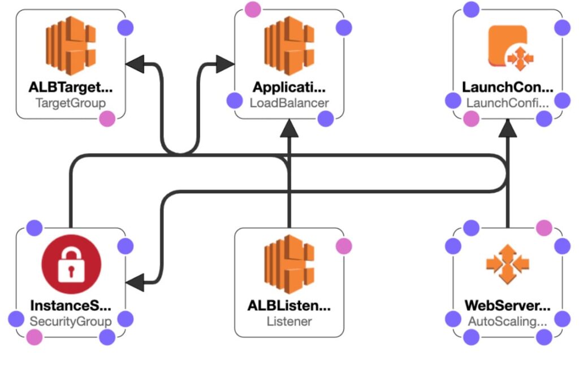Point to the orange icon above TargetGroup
coord(71,46)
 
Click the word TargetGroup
coord(71,103)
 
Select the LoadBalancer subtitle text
coord(289,103)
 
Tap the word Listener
coord(289,321)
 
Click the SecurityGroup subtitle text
coord(71,321)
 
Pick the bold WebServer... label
coord(507,306)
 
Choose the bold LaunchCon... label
coord(507,88)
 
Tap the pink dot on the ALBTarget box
coord(107,119)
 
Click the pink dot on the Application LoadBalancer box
coord(253,10)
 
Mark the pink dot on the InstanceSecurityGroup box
coord(34,337)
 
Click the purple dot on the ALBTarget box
coord(125,27)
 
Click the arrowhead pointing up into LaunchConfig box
coord(508,129)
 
